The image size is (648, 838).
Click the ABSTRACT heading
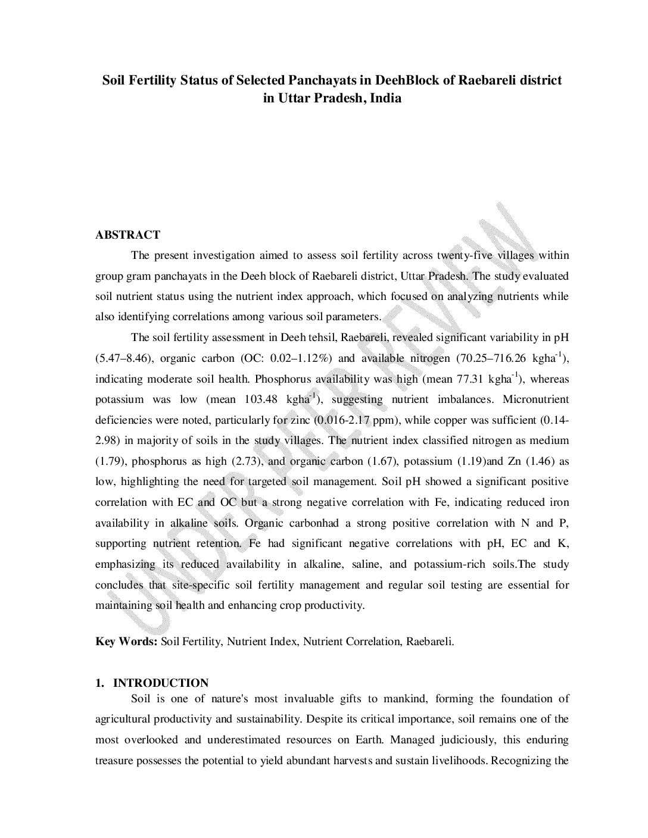point(127,235)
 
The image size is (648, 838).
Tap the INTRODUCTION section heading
point(161,683)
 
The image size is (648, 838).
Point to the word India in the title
point(385,98)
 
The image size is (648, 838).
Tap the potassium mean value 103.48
point(263,399)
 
